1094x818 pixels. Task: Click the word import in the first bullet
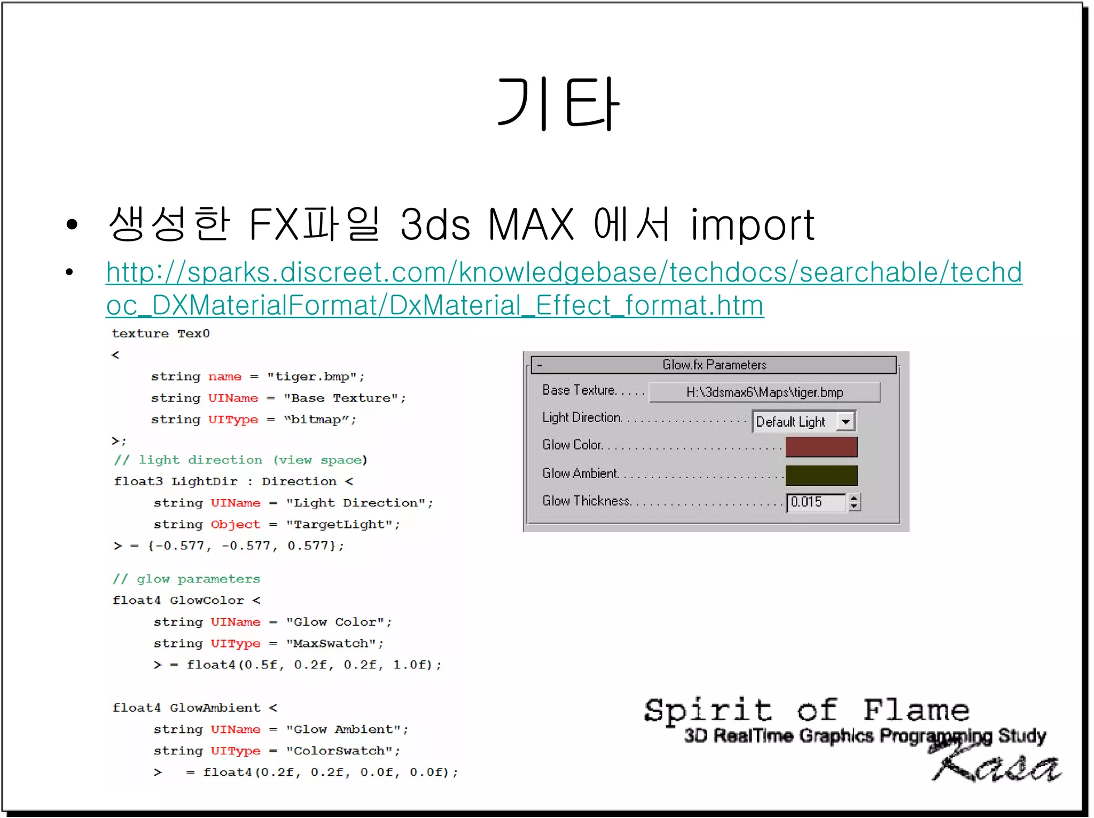pyautogui.click(x=752, y=225)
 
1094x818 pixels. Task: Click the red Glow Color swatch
pyautogui.click(x=821, y=447)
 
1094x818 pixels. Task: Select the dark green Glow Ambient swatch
pyautogui.click(x=821, y=475)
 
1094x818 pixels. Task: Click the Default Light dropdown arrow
pyautogui.click(x=846, y=422)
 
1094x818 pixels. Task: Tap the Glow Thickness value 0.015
pyautogui.click(x=815, y=502)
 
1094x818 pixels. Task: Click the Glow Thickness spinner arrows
pyautogui.click(x=854, y=502)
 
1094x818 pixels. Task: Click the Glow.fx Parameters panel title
pyautogui.click(x=714, y=365)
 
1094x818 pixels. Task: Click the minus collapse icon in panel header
pyautogui.click(x=540, y=365)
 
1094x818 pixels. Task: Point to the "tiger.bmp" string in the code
pyautogui.click(x=312, y=377)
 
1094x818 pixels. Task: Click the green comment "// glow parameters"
pyautogui.click(x=186, y=579)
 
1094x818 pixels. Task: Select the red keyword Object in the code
pyautogui.click(x=235, y=525)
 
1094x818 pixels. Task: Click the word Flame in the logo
pyautogui.click(x=916, y=711)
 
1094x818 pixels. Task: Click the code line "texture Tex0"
pyautogui.click(x=161, y=334)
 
